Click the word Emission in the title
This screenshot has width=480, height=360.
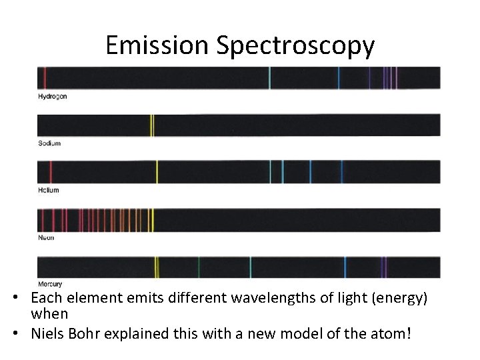pyautogui.click(x=157, y=45)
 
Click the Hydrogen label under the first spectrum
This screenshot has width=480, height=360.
pyautogui.click(x=53, y=97)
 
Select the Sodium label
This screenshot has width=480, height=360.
pyautogui.click(x=49, y=143)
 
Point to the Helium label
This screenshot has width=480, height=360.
pyautogui.click(x=49, y=190)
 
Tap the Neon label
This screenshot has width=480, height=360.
pyautogui.click(x=47, y=237)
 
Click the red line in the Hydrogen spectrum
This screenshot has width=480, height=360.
pyautogui.click(x=45, y=78)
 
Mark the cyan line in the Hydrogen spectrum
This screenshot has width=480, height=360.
pyautogui.click(x=269, y=78)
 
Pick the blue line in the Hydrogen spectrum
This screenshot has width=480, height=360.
pyautogui.click(x=338, y=78)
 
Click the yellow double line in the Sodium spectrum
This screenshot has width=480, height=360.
pyautogui.click(x=152, y=125)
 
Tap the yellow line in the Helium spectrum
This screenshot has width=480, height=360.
pyautogui.click(x=157, y=172)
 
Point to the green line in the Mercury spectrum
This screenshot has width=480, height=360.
pyautogui.click(x=198, y=267)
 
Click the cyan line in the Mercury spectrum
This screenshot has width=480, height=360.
pyautogui.click(x=250, y=267)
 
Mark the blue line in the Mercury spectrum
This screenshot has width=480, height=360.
pyautogui.click(x=345, y=267)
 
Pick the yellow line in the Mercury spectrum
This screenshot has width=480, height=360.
pyautogui.click(x=156, y=267)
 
